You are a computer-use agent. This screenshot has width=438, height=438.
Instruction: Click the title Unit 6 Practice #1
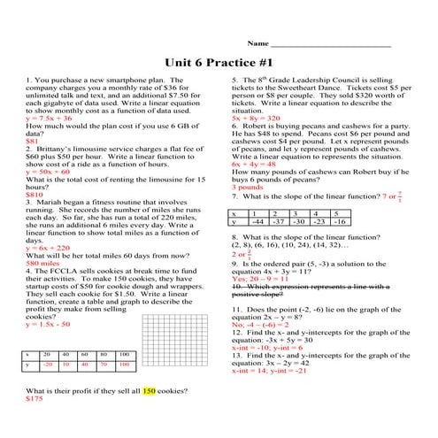click(x=219, y=63)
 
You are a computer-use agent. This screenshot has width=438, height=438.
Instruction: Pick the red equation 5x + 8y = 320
click(x=256, y=118)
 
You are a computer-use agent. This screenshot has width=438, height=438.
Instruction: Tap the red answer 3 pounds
click(x=247, y=187)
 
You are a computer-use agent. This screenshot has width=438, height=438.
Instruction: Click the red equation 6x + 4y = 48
click(x=255, y=164)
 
